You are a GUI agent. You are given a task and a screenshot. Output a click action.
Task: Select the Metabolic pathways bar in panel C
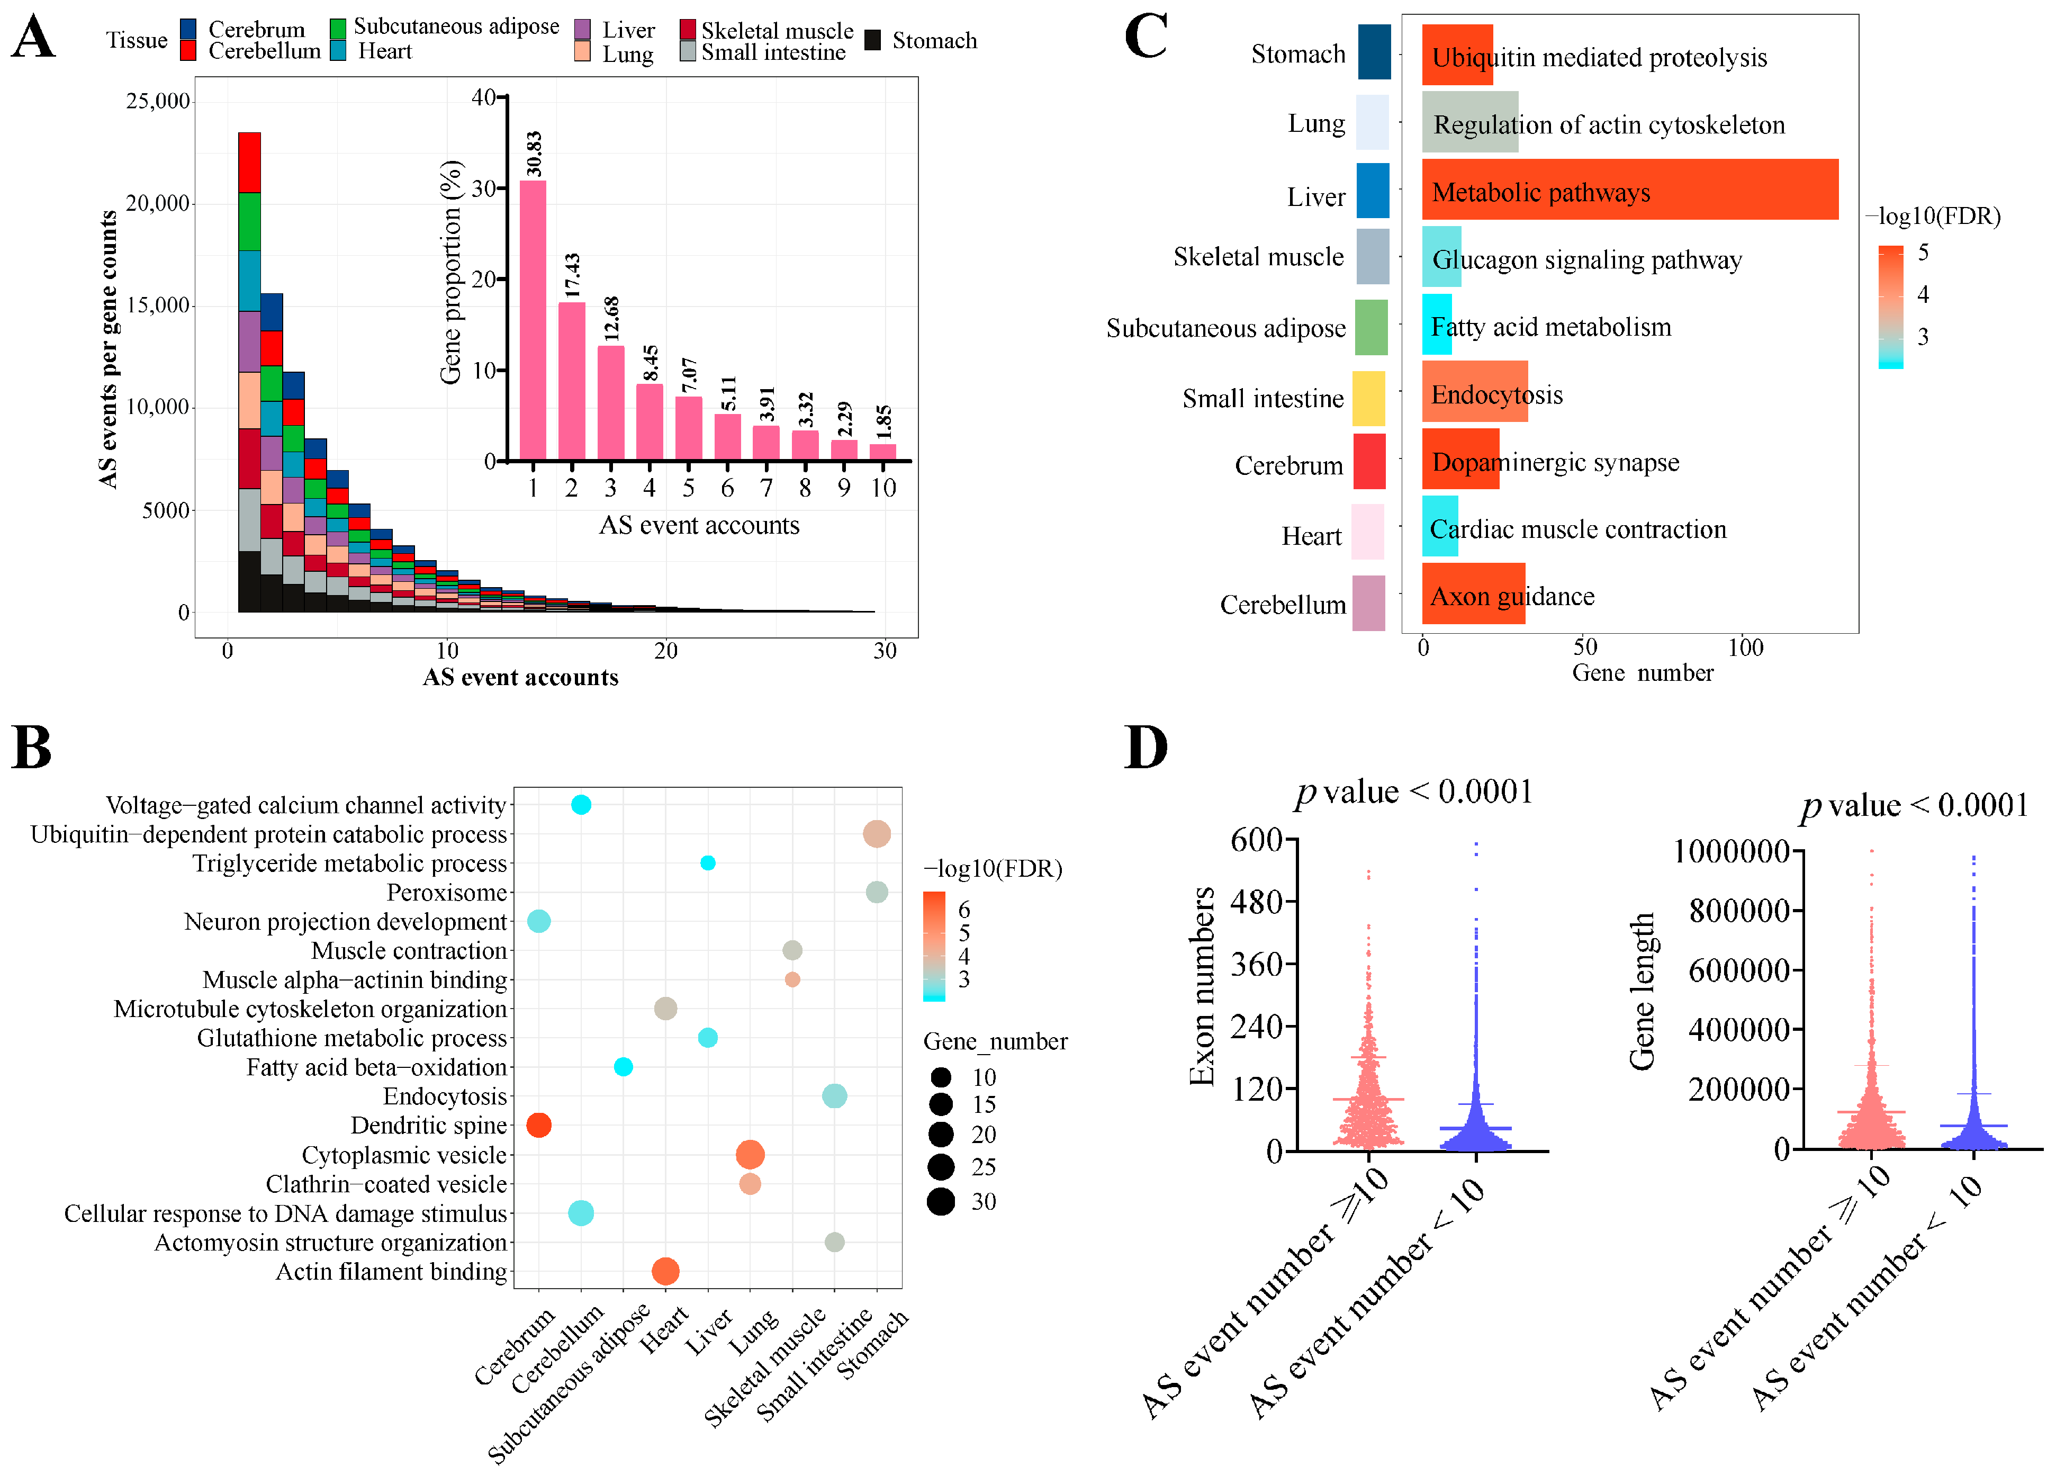1629,190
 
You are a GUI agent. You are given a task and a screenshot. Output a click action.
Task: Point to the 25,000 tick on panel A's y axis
158,101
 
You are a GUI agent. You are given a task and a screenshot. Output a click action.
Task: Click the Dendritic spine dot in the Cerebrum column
538,1125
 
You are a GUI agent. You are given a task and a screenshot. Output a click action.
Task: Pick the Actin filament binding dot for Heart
665,1271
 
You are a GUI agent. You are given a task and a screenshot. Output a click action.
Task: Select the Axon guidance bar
1473,594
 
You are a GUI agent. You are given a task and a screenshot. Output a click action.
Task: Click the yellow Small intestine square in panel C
1368,398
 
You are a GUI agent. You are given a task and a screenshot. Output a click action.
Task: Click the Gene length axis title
1641,991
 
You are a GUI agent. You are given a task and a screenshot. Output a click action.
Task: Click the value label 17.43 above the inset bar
572,276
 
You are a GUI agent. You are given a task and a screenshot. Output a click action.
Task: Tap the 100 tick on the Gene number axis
1745,647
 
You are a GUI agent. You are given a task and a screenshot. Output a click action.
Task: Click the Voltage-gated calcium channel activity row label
305,805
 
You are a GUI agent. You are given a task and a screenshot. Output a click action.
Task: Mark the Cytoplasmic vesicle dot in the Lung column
750,1154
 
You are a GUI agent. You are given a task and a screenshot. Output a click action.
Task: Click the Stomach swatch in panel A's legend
873,40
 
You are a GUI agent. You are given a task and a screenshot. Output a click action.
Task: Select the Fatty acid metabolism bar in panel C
1437,325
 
